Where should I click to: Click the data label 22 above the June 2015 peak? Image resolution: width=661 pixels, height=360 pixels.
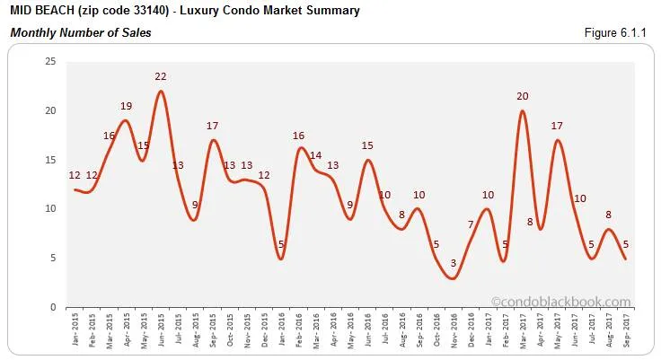[161, 76]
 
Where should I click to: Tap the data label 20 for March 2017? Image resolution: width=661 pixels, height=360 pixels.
[522, 96]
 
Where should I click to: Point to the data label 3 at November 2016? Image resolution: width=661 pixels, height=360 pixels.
[454, 263]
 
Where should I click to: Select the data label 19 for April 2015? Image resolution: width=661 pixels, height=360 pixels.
[127, 106]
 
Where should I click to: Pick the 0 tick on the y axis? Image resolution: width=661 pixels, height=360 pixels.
[53, 307]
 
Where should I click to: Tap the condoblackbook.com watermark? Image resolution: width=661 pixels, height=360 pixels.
[561, 303]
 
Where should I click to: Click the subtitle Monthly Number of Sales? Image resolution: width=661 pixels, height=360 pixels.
[81, 33]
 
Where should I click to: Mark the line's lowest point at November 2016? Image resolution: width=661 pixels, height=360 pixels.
[454, 278]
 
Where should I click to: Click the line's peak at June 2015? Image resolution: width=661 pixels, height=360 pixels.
[161, 91]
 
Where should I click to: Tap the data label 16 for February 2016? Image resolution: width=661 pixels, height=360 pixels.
[299, 136]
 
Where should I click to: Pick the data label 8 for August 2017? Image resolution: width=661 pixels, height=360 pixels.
[608, 215]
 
